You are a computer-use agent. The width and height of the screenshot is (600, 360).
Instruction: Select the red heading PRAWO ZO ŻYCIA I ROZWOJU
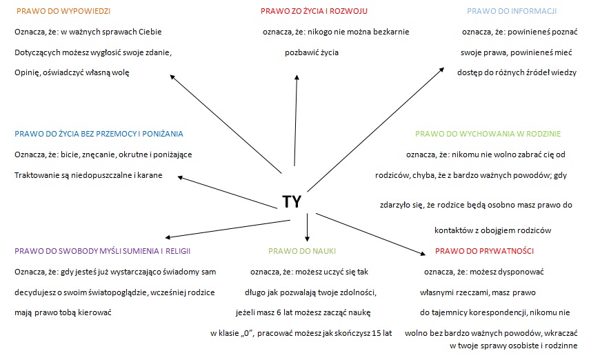tap(314, 11)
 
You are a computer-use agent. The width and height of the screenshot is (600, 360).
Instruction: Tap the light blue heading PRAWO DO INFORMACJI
tap(512, 11)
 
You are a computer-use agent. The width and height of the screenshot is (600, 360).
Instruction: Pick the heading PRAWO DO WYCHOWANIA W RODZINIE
tap(488, 134)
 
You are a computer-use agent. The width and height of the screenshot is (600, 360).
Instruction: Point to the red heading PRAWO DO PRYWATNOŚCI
tap(484, 251)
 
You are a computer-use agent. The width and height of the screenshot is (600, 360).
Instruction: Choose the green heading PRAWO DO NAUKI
tap(302, 251)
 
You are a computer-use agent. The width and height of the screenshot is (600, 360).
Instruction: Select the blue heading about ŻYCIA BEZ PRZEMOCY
tap(99, 134)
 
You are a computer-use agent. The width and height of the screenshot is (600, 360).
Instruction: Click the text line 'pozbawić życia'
tap(312, 52)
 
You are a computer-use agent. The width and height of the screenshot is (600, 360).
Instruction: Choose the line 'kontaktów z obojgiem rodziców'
tap(493, 230)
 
